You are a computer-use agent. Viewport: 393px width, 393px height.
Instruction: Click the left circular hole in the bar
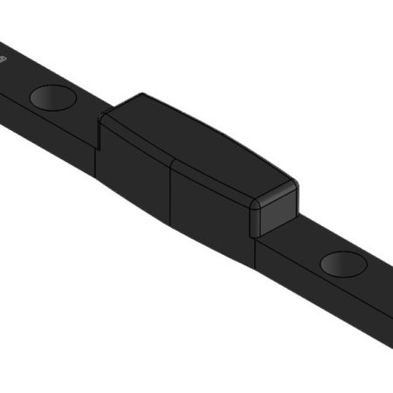[x=52, y=97]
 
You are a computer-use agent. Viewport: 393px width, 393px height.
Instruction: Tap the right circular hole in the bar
[x=343, y=262]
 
